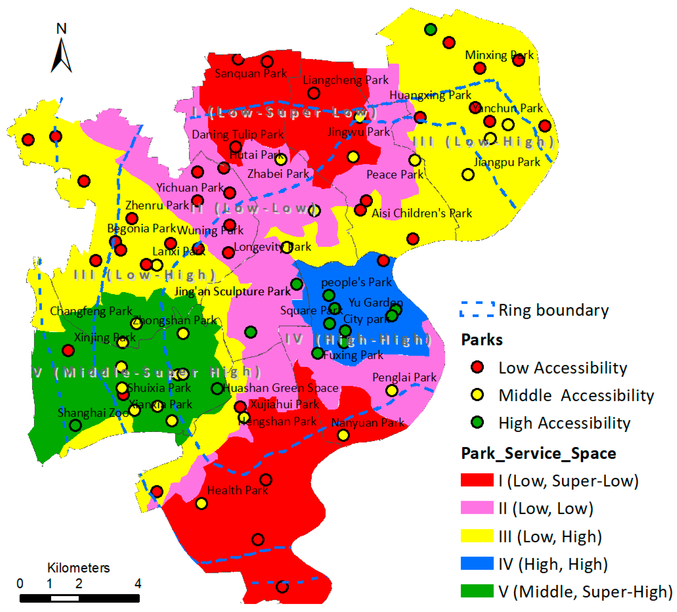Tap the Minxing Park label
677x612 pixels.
pos(499,55)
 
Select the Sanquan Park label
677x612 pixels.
pos(251,74)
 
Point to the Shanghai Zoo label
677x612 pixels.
pos(93,413)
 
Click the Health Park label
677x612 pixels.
pos(237,490)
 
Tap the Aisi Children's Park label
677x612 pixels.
pos(422,213)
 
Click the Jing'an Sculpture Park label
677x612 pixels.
pos(232,291)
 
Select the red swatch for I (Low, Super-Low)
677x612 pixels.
pos(477,480)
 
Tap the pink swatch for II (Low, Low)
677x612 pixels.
pos(477,508)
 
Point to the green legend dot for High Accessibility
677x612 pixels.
pos(477,422)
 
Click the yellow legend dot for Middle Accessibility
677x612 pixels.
pos(477,395)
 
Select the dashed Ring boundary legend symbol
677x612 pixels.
pos(477,309)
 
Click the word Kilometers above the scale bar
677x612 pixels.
pos(78,568)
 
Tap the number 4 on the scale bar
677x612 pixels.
pos(138,583)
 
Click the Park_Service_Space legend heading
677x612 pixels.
pos(538,453)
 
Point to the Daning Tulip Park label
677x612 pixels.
pos(238,135)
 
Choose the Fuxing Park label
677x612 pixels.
pos(353,355)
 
